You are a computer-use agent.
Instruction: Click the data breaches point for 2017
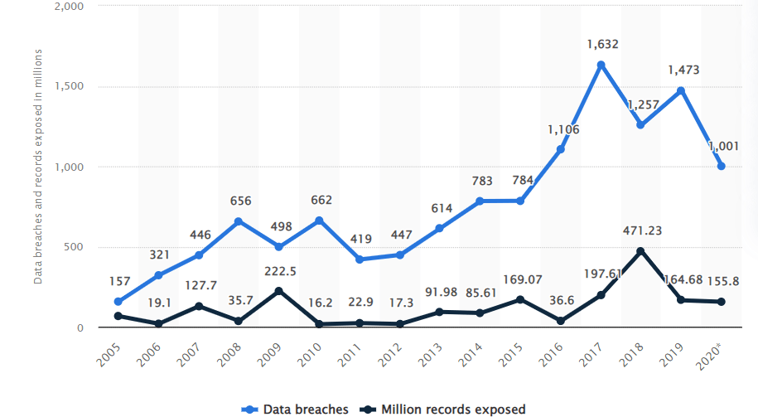[601, 65]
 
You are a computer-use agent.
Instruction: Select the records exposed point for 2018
[640, 251]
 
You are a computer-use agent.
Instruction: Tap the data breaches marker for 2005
[118, 302]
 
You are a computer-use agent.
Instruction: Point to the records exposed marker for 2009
[278, 291]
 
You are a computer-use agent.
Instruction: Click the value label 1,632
[601, 44]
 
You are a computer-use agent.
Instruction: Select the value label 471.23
[641, 230]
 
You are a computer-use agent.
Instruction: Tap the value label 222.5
[279, 270]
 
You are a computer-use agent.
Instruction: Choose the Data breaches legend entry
[296, 409]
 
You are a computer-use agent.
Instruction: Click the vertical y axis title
[38, 166]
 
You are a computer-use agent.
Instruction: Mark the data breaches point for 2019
[681, 90]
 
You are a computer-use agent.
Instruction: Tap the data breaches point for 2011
[359, 259]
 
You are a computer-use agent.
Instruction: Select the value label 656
[239, 201]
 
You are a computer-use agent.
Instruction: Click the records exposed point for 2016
[560, 321]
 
